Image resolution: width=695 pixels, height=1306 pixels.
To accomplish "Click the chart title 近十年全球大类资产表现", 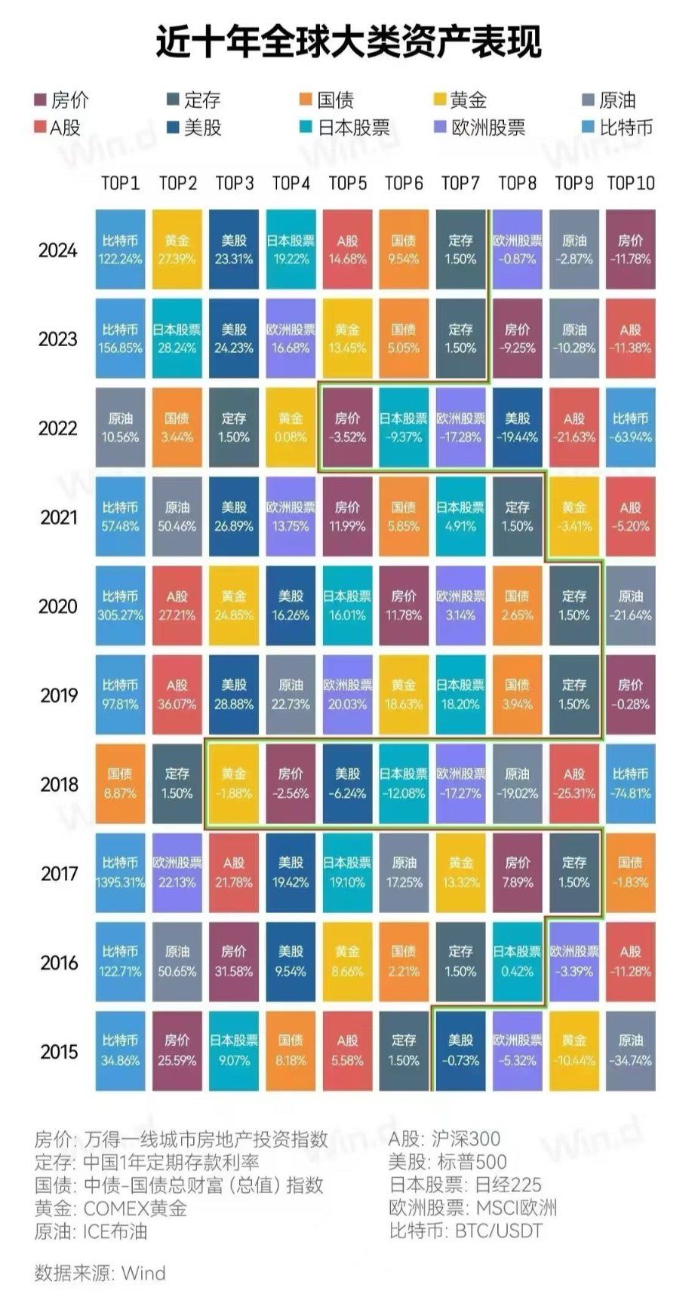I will coord(348,41).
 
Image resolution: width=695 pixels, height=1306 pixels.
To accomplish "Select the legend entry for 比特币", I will coord(619,127).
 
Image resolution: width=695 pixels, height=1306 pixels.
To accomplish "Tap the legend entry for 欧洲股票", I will coord(480,127).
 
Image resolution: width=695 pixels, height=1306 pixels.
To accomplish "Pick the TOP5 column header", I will coord(348,183).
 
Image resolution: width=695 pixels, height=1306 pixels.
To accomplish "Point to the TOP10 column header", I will coord(631,183).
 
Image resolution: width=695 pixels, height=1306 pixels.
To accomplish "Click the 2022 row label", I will coord(58,428).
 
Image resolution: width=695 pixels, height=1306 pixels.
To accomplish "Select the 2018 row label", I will coord(58,784).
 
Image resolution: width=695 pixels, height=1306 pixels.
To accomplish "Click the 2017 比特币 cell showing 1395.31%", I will coord(121,872).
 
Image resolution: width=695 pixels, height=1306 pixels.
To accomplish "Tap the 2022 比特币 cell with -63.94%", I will coord(631,428).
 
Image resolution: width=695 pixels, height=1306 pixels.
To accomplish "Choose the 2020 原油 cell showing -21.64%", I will coord(631,605).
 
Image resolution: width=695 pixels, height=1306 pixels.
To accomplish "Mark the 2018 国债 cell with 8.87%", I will coord(121,783).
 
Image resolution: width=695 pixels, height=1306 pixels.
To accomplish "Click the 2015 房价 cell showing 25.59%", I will coord(177,1050).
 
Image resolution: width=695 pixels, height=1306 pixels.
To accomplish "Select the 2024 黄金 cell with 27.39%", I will coord(177,250).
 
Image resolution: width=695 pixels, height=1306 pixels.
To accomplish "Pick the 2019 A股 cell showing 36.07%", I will coord(177,694).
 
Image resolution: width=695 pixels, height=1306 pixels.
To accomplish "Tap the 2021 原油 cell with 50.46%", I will coord(177,517).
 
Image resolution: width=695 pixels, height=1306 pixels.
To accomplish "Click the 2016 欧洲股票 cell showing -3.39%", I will coord(574,961).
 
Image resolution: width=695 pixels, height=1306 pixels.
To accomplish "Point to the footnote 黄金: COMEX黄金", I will coord(111,1208).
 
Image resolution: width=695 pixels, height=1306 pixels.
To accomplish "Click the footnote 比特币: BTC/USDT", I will coord(466,1231).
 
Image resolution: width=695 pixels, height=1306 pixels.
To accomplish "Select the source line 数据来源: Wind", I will coord(100,1274).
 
